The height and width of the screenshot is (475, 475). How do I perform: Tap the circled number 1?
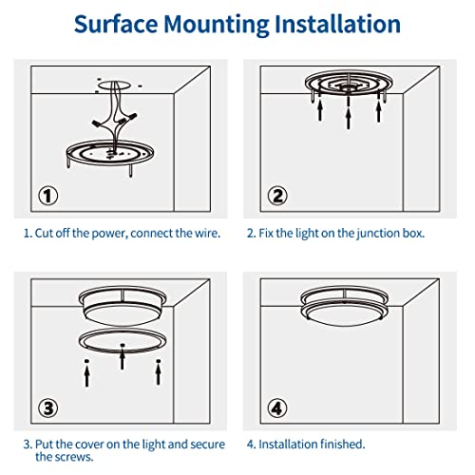[x=49, y=197]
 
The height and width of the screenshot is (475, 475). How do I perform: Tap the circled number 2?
[x=277, y=197]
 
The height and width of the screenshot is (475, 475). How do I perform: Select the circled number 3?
[x=49, y=409]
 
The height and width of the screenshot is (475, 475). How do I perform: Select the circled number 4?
[x=277, y=409]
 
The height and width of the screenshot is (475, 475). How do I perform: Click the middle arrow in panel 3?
[x=121, y=361]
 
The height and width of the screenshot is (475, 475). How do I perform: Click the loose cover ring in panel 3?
[x=121, y=341]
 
